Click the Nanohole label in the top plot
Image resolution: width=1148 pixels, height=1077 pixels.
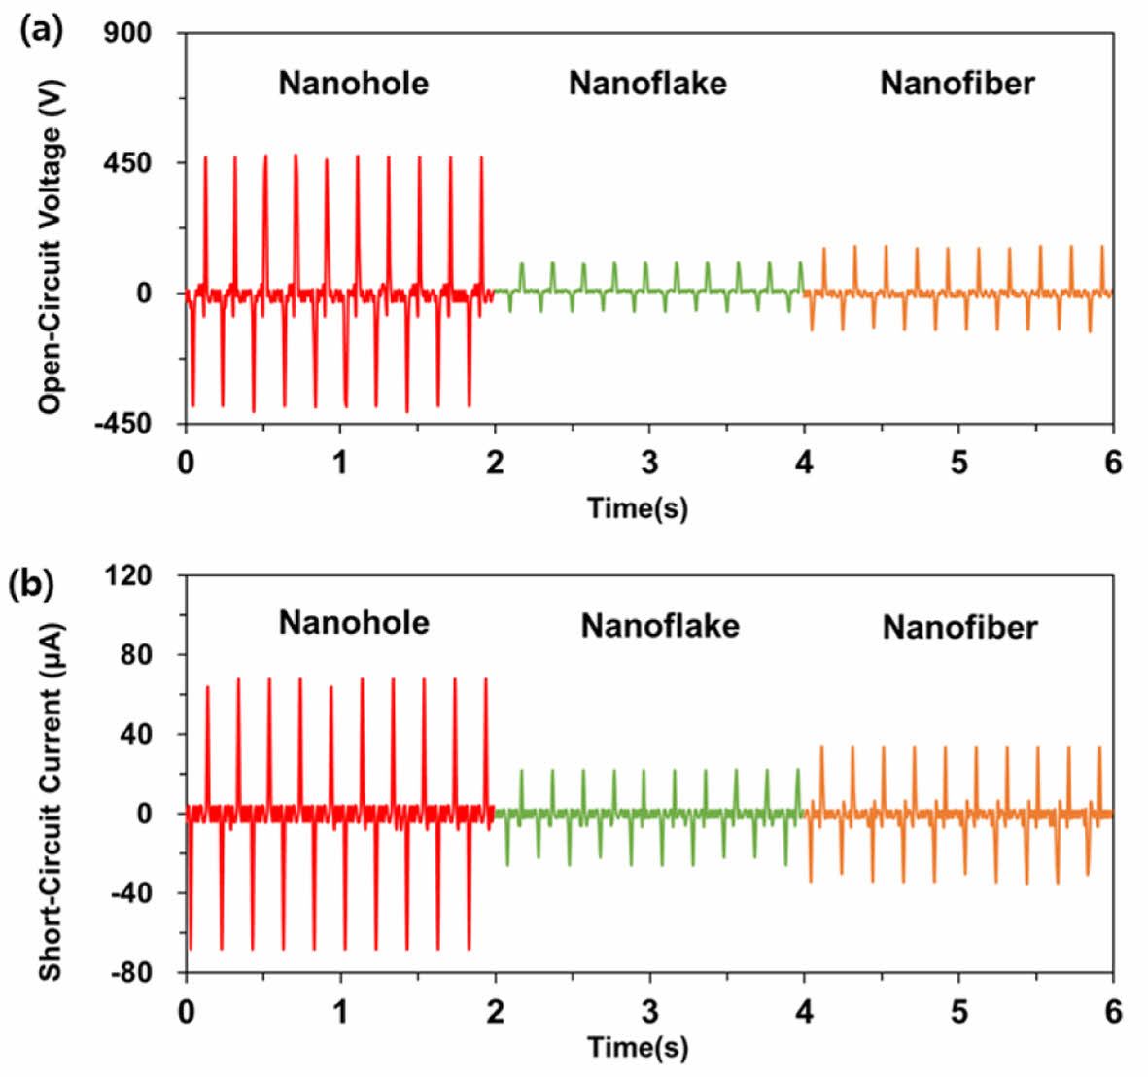[353, 83]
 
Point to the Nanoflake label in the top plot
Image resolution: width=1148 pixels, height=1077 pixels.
[647, 83]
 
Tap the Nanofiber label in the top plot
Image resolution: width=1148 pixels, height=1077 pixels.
[957, 83]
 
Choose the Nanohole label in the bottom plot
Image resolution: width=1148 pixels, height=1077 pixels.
[353, 622]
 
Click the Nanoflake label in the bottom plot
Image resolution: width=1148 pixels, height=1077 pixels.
[660, 626]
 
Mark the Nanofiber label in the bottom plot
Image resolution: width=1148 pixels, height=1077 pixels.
[959, 628]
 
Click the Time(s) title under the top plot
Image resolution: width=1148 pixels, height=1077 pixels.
[638, 506]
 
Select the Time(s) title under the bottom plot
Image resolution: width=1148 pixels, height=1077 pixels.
[638, 1047]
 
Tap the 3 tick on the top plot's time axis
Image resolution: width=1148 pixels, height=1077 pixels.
[649, 463]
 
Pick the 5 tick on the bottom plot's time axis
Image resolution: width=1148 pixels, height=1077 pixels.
[959, 1011]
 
